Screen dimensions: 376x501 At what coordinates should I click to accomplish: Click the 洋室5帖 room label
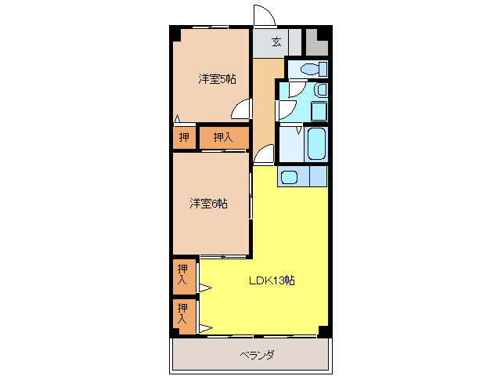tap(217, 78)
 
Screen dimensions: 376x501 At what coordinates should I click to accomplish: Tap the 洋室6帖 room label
tap(208, 204)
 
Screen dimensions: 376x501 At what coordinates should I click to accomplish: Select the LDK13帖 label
tap(272, 280)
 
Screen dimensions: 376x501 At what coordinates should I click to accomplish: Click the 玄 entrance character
tap(276, 42)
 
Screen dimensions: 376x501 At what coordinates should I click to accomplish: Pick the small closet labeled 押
tap(184, 138)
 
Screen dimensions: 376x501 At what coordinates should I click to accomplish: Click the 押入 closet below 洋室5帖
tap(223, 138)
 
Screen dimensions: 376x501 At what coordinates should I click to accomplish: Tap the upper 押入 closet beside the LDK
tap(183, 274)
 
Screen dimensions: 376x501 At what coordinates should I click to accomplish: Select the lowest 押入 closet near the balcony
tap(183, 313)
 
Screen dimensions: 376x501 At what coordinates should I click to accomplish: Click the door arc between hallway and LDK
tap(264, 154)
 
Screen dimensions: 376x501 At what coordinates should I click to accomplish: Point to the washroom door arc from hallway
tap(284, 108)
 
